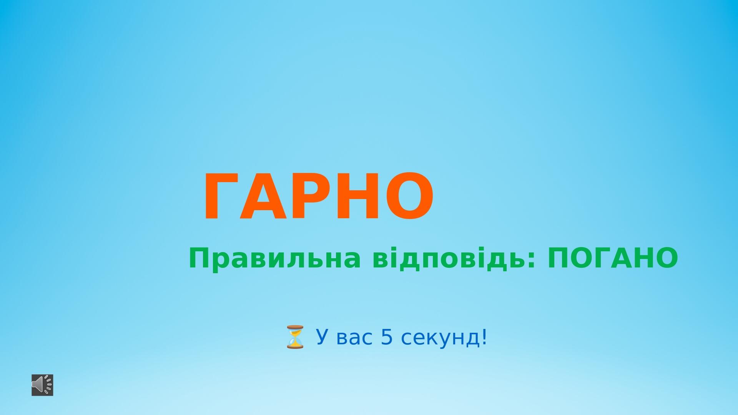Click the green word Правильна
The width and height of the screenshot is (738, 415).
pyautogui.click(x=275, y=259)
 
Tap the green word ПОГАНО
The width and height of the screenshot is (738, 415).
pyautogui.click(x=613, y=258)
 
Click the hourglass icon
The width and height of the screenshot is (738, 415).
pyautogui.click(x=295, y=337)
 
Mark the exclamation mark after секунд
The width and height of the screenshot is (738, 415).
pyautogui.click(x=484, y=337)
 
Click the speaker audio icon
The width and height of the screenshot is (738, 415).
pyautogui.click(x=42, y=385)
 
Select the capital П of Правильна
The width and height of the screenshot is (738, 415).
pyautogui.click(x=198, y=258)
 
